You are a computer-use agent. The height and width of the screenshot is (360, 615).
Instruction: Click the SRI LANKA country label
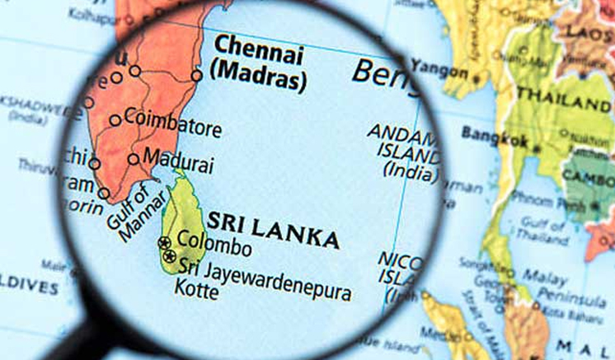pyautogui.click(x=273, y=230)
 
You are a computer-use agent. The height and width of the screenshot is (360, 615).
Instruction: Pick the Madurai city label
pyautogui.click(x=178, y=157)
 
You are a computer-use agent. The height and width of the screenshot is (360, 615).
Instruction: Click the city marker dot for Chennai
pyautogui.click(x=196, y=75)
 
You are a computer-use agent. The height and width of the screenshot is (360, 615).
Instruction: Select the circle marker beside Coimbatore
pyautogui.click(x=115, y=120)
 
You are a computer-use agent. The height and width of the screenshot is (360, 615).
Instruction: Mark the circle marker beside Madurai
pyautogui.click(x=134, y=159)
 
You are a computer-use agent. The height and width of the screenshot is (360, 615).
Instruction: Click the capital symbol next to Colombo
pyautogui.click(x=164, y=242)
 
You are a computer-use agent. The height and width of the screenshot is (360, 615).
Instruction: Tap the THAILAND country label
pyautogui.click(x=564, y=105)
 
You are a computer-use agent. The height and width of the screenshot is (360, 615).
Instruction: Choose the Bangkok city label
pyautogui.click(x=494, y=134)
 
